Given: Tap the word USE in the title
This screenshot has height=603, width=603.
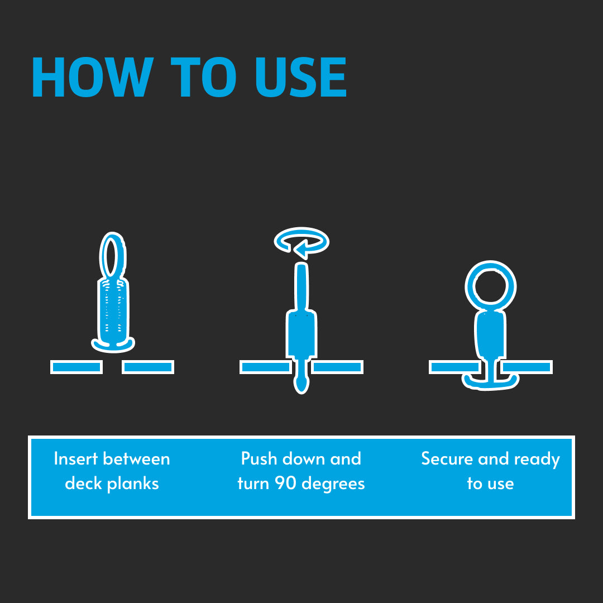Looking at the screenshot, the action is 301,77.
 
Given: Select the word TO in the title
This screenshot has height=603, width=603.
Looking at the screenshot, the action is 203,77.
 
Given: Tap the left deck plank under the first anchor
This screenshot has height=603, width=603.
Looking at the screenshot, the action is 76,367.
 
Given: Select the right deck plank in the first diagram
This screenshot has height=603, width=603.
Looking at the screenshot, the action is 148,367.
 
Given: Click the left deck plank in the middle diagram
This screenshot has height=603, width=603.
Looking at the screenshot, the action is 265,367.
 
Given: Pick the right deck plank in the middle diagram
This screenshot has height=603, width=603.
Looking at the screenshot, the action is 337,367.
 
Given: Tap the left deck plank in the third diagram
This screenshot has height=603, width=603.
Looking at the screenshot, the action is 454,367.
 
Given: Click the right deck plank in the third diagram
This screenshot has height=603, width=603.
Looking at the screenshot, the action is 527,367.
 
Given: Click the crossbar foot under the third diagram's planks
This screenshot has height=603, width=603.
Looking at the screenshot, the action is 490,383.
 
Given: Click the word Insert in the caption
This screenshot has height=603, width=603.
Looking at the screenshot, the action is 76,459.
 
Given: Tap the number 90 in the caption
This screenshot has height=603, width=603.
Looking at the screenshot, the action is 285,483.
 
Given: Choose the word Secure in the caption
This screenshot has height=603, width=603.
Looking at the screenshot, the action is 447,459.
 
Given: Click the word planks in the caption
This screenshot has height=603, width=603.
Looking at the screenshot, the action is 133,484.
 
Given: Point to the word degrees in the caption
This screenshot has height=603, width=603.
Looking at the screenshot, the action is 333,484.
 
